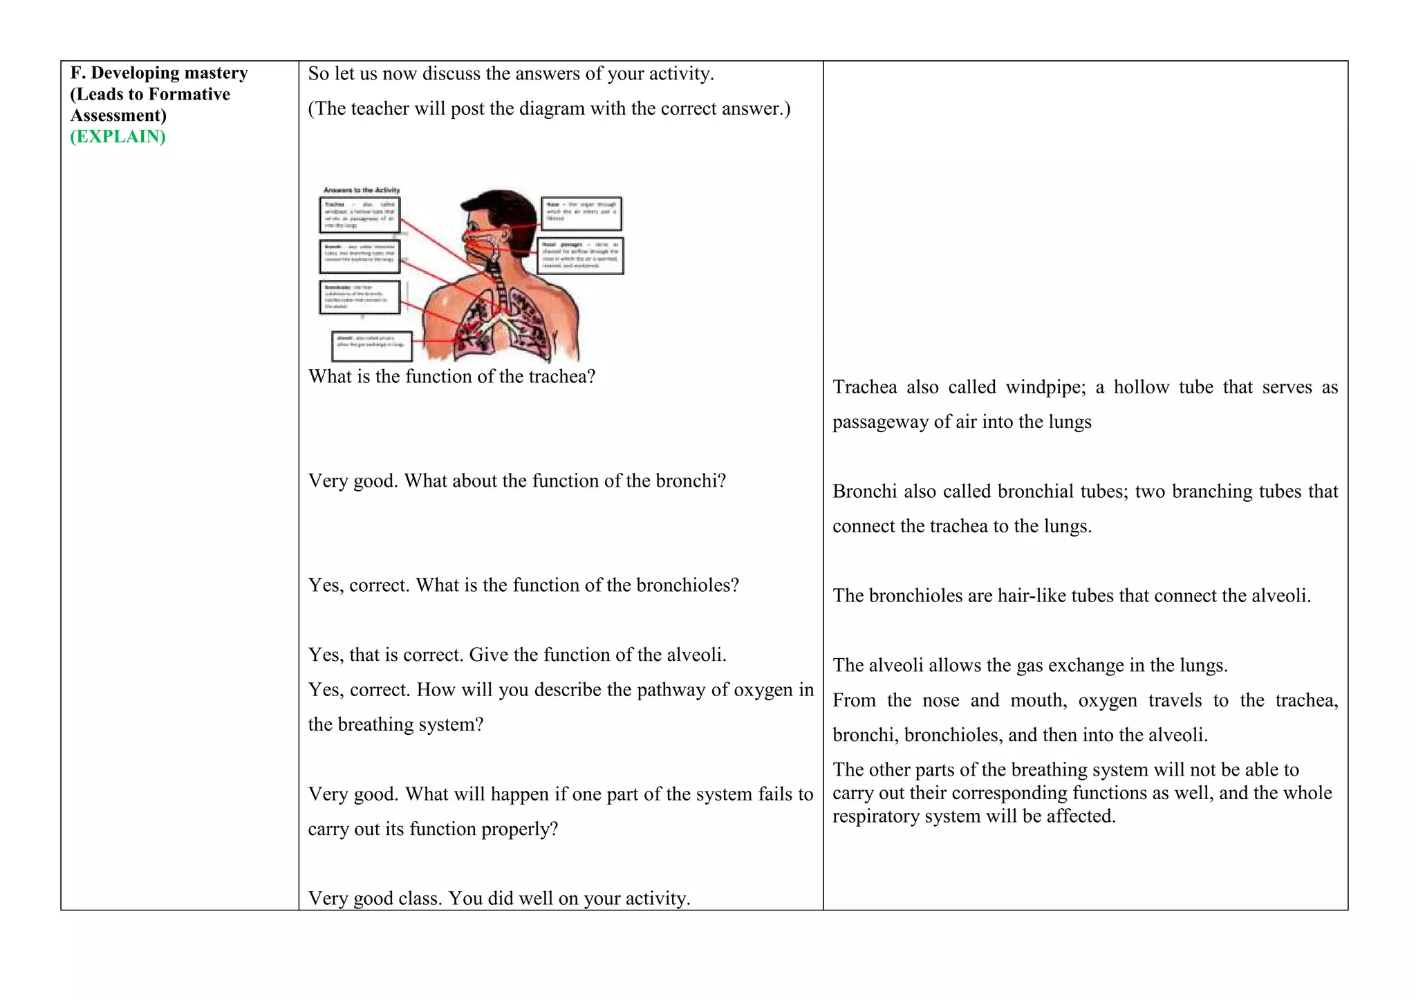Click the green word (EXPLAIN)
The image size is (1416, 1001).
(118, 136)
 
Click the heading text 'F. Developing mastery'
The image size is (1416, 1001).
(159, 73)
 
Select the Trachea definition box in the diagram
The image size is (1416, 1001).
(360, 215)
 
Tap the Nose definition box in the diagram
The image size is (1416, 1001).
(581, 214)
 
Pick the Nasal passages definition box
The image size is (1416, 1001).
(581, 256)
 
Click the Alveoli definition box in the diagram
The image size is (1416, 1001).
(372, 346)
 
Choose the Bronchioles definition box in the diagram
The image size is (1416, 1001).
(360, 297)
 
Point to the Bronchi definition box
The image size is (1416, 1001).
(360, 256)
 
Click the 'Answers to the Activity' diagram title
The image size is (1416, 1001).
(362, 190)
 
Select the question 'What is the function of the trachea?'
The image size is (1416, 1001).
(451, 377)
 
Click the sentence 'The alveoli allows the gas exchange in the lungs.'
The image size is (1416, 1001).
(1030, 666)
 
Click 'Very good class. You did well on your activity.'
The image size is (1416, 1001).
(499, 899)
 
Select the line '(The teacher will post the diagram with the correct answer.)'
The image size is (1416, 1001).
(549, 109)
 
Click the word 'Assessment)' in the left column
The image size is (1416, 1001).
(118, 115)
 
